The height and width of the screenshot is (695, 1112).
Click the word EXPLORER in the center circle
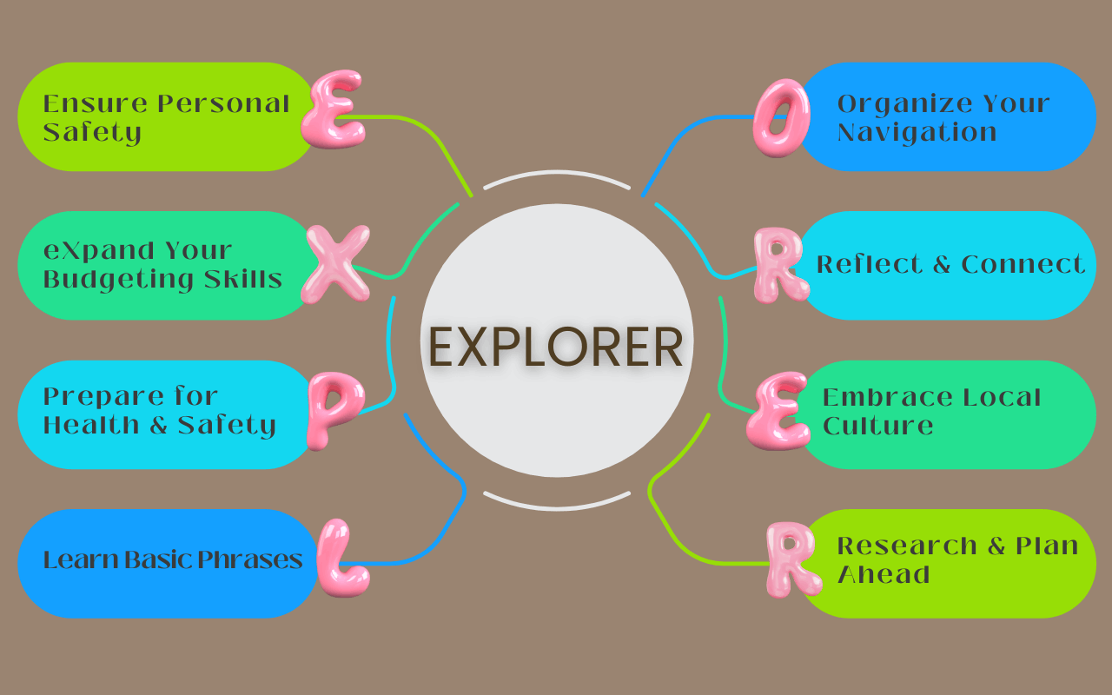tap(556, 346)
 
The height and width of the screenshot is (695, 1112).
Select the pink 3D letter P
tap(331, 409)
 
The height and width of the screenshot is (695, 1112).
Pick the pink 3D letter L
tap(340, 559)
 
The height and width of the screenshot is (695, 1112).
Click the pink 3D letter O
tap(779, 118)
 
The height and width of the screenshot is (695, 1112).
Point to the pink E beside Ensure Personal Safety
tap(332, 110)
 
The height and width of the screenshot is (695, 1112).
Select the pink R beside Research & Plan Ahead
tap(791, 559)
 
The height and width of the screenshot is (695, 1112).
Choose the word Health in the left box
tap(95, 426)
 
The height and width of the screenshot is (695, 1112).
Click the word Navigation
tap(917, 133)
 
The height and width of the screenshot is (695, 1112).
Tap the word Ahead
tap(883, 574)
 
